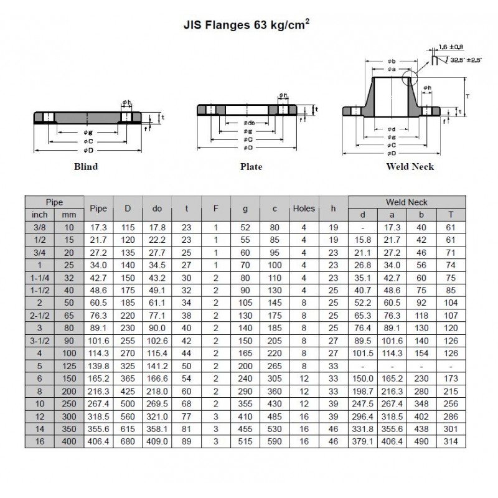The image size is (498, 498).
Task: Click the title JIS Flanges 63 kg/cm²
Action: click(x=247, y=24)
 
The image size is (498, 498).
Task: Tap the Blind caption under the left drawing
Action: click(x=86, y=166)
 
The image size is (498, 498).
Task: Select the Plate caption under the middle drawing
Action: click(x=251, y=166)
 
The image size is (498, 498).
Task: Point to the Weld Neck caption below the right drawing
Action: click(x=410, y=166)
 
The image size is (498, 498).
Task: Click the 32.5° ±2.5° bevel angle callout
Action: click(x=466, y=60)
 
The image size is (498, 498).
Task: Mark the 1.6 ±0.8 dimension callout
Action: click(x=451, y=47)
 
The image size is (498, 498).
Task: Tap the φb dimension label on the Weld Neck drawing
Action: click(x=392, y=61)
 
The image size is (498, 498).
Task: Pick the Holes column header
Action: click(x=304, y=209)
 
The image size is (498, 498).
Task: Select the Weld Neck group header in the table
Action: click(x=406, y=202)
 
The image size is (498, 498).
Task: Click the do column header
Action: click(x=157, y=209)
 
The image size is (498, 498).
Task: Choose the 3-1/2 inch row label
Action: click(x=40, y=341)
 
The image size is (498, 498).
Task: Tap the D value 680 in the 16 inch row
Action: click(x=128, y=441)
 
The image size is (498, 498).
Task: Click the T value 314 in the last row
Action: click(x=451, y=441)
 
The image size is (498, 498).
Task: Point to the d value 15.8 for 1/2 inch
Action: click(x=363, y=240)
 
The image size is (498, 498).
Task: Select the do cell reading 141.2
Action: click(x=157, y=366)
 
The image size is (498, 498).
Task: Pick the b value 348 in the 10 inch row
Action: click(x=421, y=403)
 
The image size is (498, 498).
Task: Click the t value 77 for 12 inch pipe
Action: click(x=186, y=416)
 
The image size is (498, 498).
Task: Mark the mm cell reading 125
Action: click(x=69, y=366)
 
